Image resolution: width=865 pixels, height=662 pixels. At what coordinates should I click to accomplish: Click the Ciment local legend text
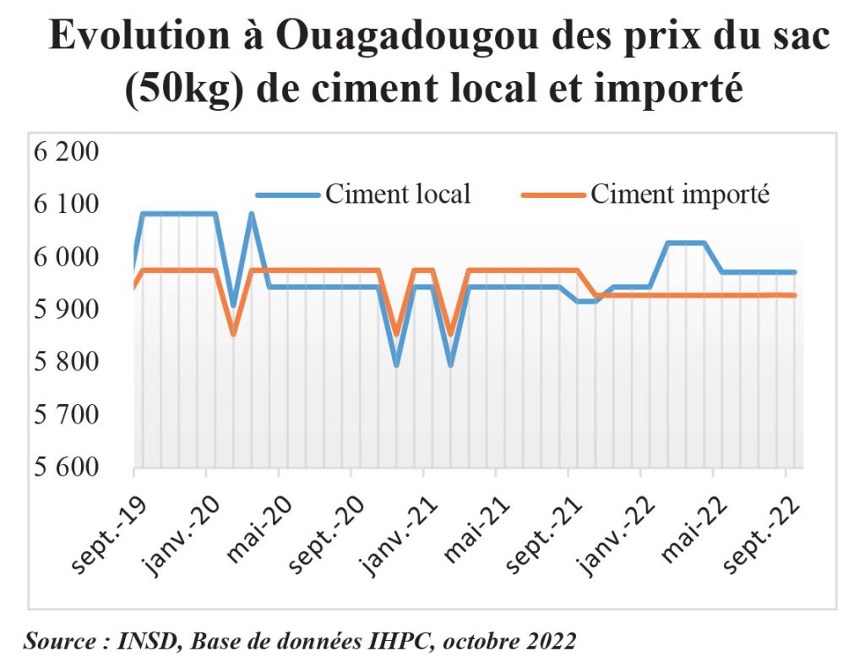point(397,194)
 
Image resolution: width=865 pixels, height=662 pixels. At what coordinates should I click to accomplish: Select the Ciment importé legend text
point(680,194)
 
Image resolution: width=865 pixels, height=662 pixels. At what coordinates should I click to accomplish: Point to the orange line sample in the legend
point(552,194)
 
